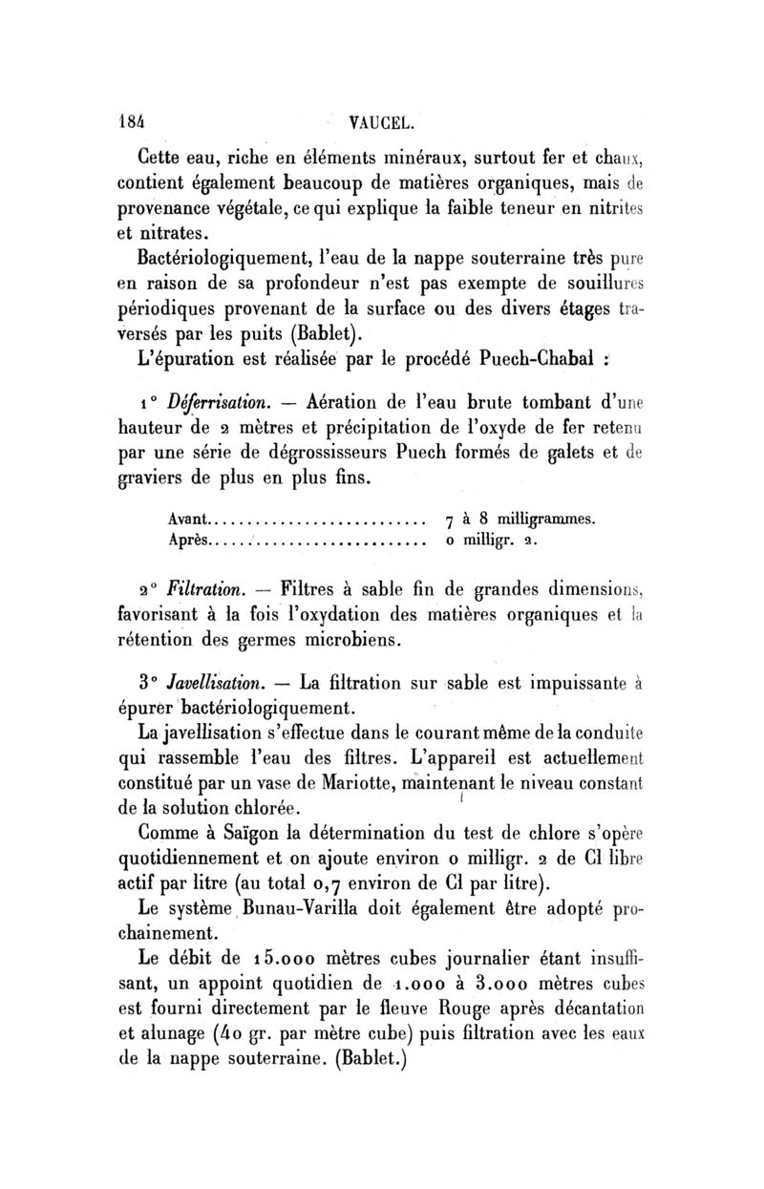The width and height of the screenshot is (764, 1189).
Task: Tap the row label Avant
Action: [185, 520]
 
